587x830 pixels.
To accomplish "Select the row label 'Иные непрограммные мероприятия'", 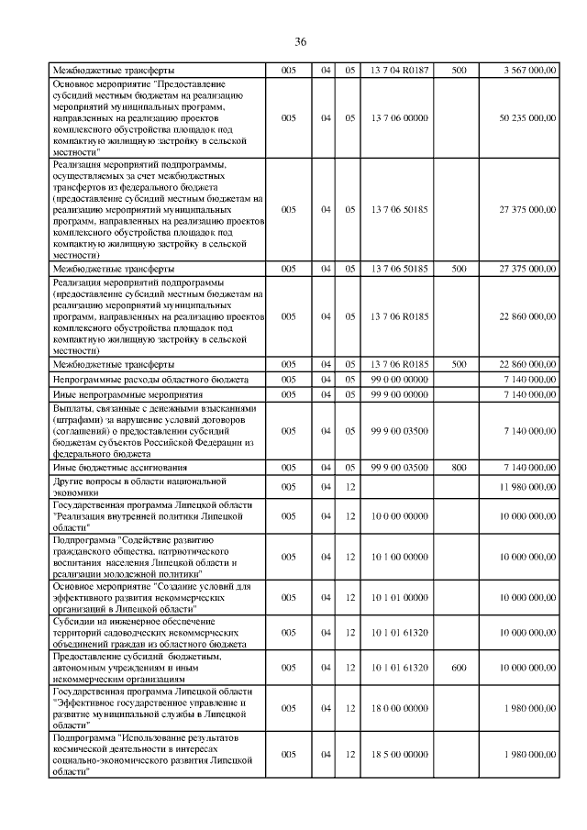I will tap(127, 393).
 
